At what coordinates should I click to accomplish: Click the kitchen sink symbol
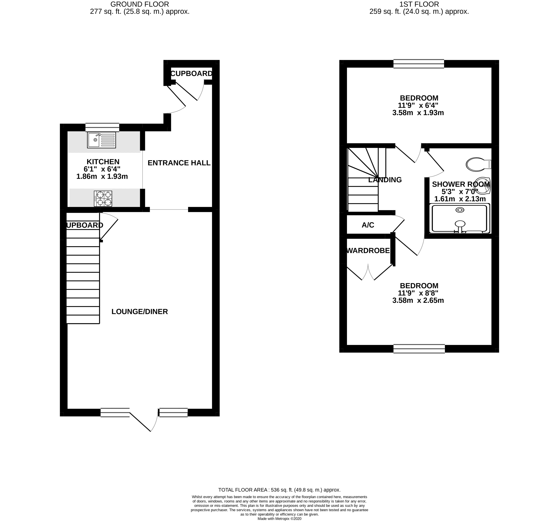[101, 140]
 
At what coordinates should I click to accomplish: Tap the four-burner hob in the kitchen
[103, 199]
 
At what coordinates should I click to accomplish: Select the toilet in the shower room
[478, 164]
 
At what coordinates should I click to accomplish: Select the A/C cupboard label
[368, 225]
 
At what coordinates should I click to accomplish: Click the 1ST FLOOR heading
[419, 4]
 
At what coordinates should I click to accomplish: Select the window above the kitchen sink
[102, 127]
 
